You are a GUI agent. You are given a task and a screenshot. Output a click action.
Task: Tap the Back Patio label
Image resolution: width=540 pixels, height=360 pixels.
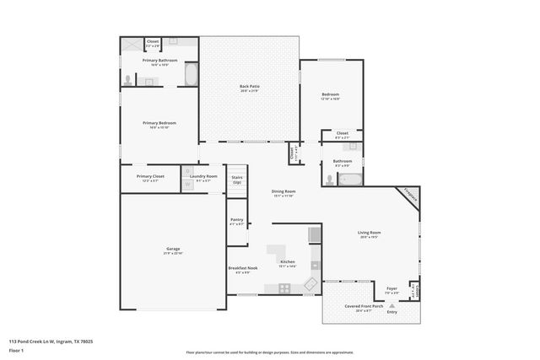click(248, 87)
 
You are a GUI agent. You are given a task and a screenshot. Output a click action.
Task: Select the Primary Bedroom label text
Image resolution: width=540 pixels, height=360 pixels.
click(159, 124)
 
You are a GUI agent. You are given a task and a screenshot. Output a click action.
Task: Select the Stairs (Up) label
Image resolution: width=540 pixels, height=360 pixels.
click(237, 179)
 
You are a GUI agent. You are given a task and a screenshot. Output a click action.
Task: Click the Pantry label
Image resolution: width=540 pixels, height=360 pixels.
click(236, 221)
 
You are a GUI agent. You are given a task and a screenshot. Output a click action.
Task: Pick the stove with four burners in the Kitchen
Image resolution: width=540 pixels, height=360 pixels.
click(285, 287)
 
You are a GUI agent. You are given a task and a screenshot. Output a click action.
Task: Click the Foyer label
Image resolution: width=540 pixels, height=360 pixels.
click(391, 289)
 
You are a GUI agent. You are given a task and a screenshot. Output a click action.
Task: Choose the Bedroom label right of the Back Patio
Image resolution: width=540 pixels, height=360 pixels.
click(330, 95)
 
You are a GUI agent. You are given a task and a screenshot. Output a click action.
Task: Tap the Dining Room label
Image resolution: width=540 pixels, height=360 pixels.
click(283, 193)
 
